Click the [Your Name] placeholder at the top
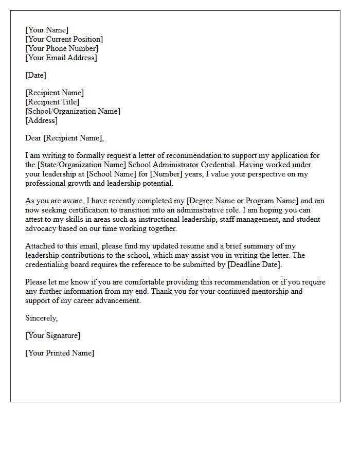pos(47,30)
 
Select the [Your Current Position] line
pos(64,39)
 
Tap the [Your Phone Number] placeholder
pos(62,48)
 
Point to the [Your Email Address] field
pos(61,58)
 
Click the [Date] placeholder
pos(35,75)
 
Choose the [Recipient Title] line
pos(52,102)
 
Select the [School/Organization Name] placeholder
pos(73,111)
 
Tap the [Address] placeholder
pos(41,120)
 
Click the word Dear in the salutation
pos(33,138)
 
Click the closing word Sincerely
pos(41,318)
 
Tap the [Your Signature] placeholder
pos(52,335)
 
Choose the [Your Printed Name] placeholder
pos(60,353)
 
